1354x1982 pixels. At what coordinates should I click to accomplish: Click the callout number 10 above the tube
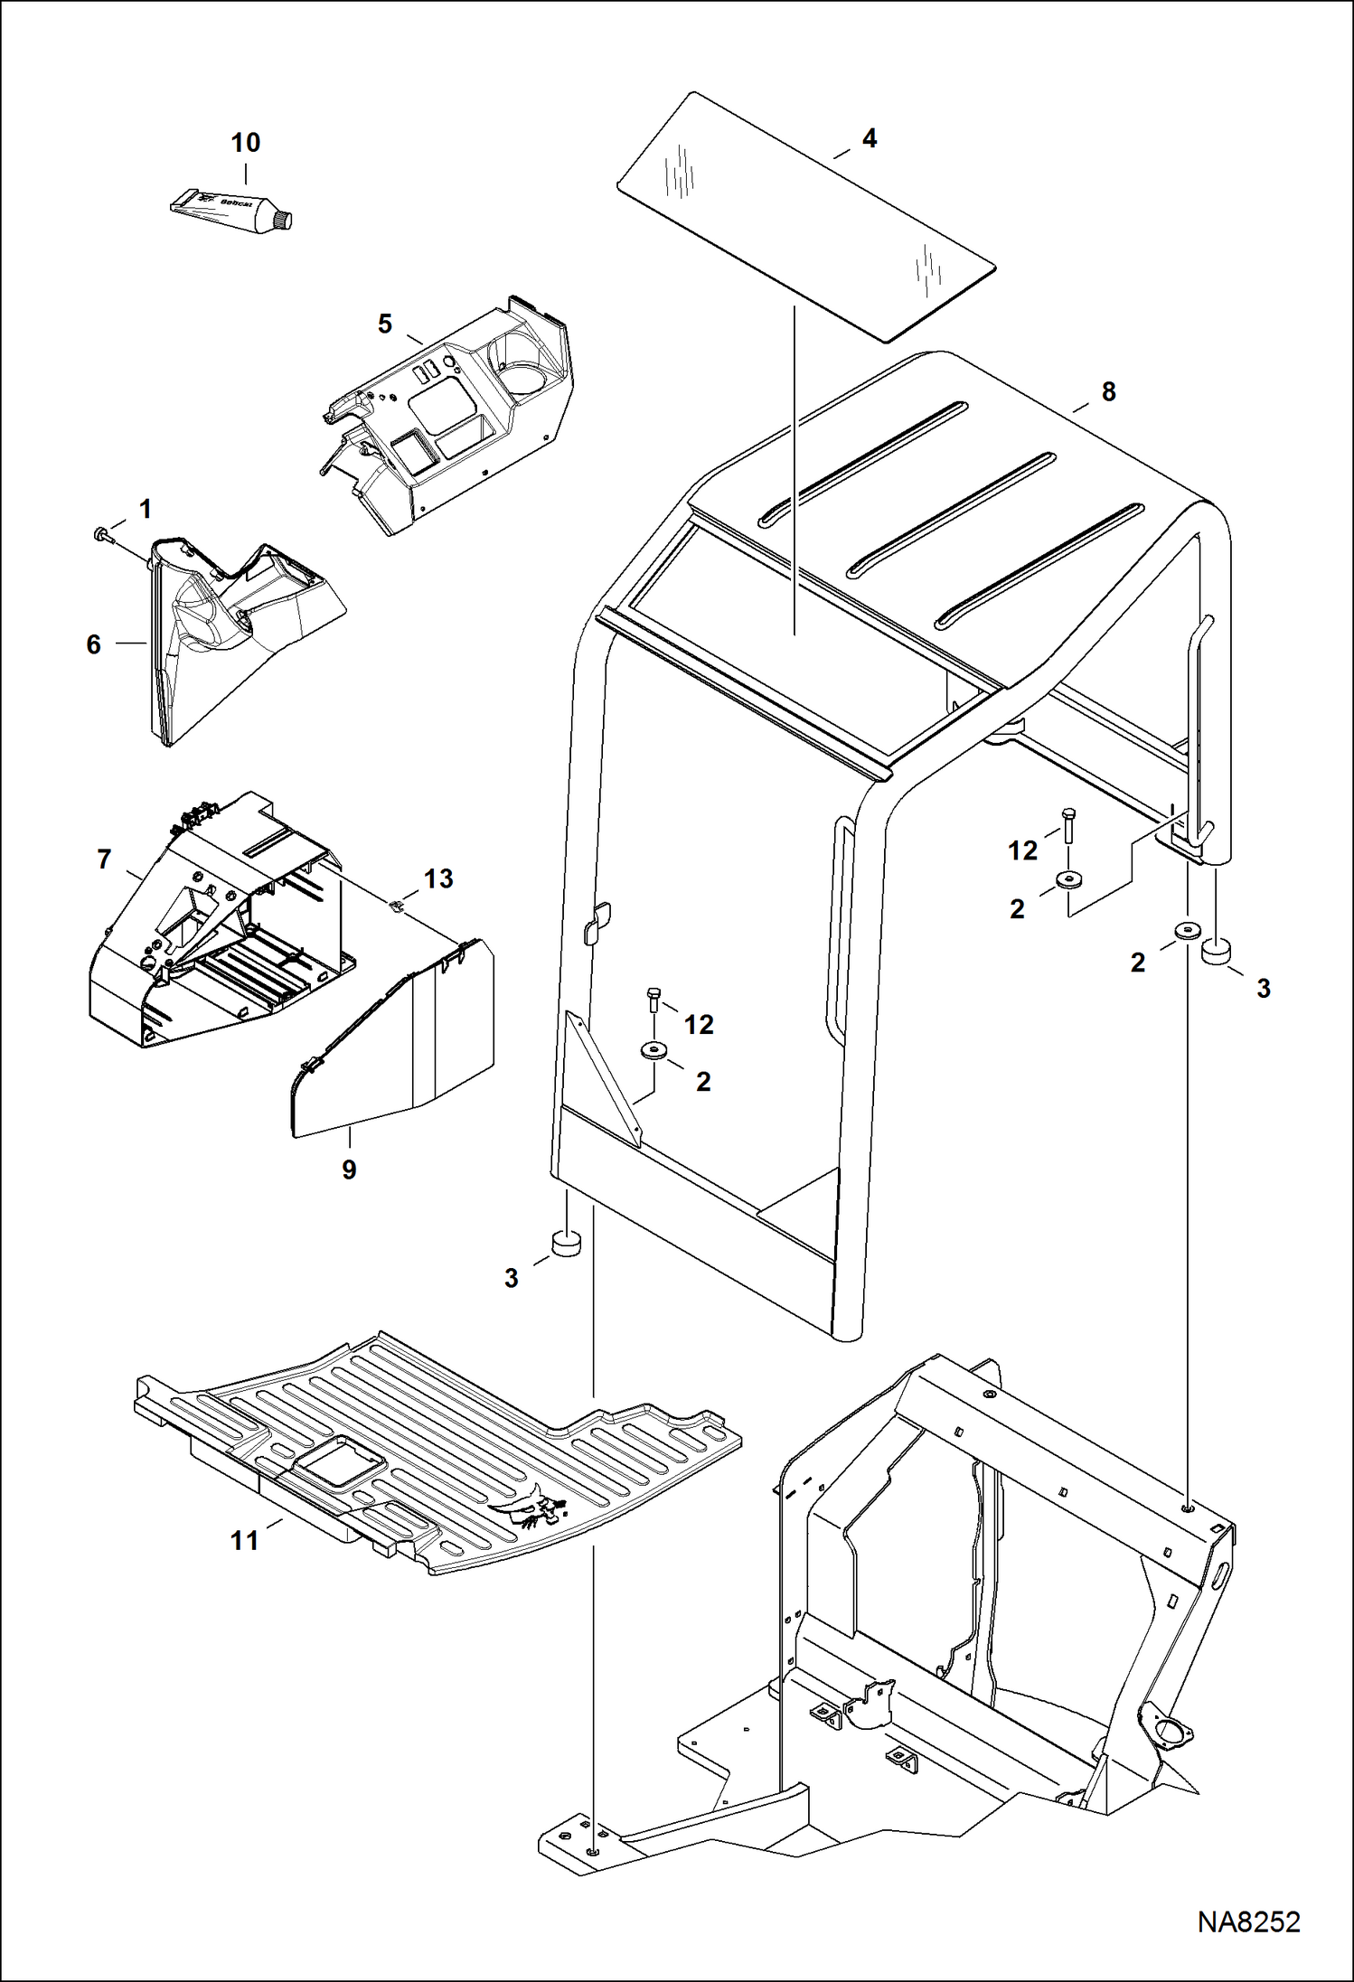click(x=245, y=143)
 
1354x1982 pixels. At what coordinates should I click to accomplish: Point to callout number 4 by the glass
click(x=869, y=138)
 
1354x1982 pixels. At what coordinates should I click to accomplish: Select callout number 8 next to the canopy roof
click(x=1108, y=391)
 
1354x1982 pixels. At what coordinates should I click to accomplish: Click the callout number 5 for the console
click(x=385, y=324)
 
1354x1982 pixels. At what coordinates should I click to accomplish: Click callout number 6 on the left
click(x=93, y=644)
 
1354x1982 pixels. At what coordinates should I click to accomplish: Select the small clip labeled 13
click(x=395, y=904)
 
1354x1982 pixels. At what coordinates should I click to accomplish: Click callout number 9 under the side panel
click(x=349, y=1169)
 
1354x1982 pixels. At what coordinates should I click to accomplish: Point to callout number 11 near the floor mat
click(x=245, y=1540)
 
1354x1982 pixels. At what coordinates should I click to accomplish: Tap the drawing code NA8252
click(x=1248, y=1921)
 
